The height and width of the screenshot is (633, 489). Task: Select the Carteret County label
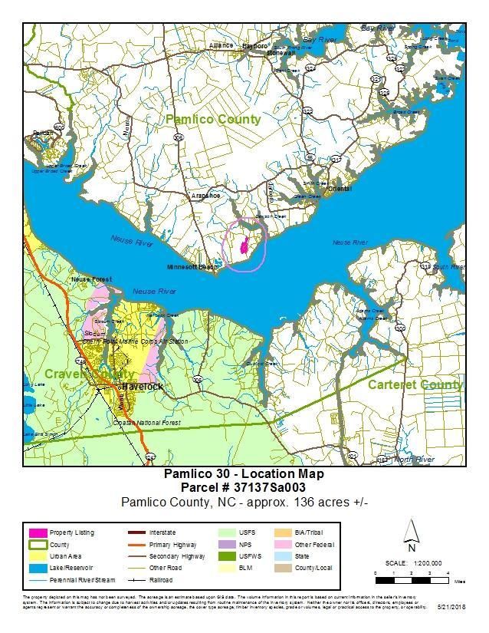click(415, 384)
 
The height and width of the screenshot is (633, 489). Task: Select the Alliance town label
click(221, 45)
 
